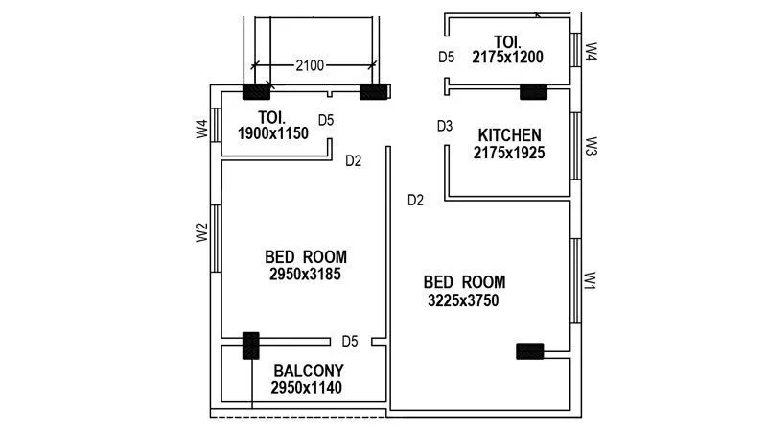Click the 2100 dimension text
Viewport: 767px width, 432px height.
[310, 65]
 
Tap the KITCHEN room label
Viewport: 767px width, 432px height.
[509, 135]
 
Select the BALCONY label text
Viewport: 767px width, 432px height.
[309, 371]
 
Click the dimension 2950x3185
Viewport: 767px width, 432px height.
[306, 274]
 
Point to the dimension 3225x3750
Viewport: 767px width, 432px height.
[463, 300]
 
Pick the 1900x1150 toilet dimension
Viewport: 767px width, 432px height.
[273, 134]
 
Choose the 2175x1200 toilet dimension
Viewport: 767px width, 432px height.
[508, 57]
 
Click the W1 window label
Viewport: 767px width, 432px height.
[592, 281]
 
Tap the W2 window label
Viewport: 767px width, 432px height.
[201, 232]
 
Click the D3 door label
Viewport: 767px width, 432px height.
[445, 126]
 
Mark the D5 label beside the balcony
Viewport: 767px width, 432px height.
[350, 341]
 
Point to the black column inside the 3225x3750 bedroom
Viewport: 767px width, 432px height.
[529, 351]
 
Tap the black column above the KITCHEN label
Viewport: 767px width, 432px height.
[532, 92]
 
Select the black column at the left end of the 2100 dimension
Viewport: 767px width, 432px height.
[257, 93]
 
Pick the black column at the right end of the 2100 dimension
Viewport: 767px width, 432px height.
[373, 92]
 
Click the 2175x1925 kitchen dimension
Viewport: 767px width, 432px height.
[509, 153]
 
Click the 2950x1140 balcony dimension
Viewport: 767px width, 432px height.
[306, 388]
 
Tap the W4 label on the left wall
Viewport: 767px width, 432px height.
[201, 127]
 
